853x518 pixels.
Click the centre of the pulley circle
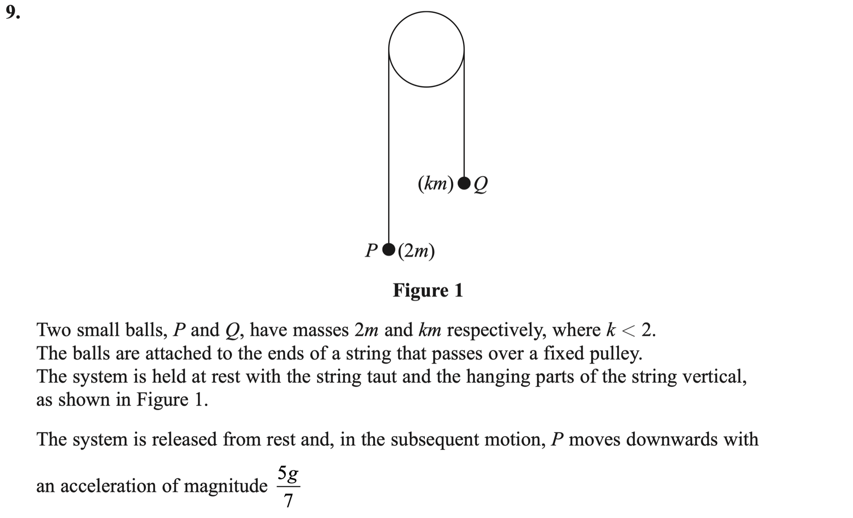coord(426,49)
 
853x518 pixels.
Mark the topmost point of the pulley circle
coord(426,12)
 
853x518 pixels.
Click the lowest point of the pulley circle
coord(426,87)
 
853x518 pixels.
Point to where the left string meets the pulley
coord(389,49)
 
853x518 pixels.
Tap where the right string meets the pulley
coord(464,49)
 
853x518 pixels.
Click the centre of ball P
coord(389,249)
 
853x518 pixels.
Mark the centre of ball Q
coord(464,183)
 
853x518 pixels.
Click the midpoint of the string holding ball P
coord(389,146)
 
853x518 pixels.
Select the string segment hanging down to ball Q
coord(464,113)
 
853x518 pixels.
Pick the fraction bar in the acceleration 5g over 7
coord(288,486)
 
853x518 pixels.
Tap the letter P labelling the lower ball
coord(371,250)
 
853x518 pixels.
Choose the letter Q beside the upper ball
coord(481,185)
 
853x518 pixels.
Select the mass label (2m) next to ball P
coord(416,251)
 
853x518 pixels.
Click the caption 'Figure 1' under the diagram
coord(428,290)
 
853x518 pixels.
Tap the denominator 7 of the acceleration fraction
coord(288,500)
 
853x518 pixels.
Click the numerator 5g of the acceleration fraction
coord(288,474)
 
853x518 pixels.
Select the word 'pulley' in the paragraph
coord(615,354)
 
